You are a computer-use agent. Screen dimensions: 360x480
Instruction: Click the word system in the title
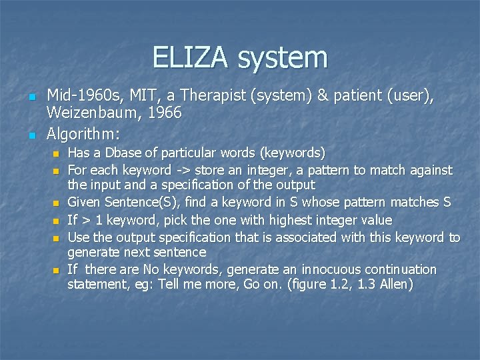(283, 58)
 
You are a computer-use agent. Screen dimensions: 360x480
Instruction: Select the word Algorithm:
(83, 133)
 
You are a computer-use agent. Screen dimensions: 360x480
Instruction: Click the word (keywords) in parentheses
(293, 153)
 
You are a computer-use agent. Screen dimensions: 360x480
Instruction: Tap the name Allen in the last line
(397, 285)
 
